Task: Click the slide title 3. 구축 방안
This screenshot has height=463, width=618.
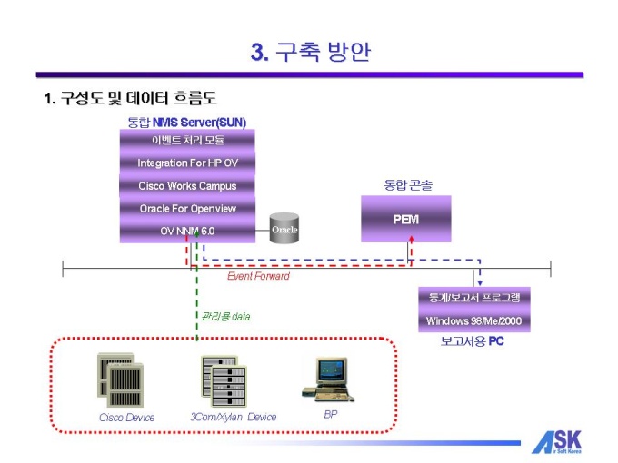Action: point(310,52)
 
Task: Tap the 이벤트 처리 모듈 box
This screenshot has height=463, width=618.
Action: point(187,141)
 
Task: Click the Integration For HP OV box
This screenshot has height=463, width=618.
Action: point(187,163)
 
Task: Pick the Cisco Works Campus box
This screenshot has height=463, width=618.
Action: point(187,186)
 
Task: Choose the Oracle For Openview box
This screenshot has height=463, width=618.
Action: point(187,209)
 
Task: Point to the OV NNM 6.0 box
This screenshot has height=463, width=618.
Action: point(187,231)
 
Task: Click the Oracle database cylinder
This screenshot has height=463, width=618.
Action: point(284,230)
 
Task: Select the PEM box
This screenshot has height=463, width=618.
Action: point(405,220)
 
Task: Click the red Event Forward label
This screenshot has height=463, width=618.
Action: point(259,276)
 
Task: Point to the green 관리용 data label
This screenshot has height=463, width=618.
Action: point(225,316)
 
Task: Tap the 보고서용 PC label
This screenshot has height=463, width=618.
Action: point(472,341)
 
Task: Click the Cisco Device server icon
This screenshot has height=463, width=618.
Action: point(121,379)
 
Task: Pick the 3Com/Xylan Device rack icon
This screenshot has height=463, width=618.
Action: point(223,380)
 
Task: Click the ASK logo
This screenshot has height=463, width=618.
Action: point(556,440)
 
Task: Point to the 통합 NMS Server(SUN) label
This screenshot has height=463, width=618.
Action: point(187,122)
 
